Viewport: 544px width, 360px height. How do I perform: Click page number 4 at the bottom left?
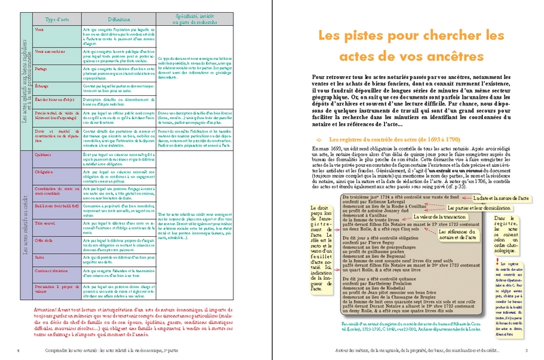[x=17, y=350]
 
